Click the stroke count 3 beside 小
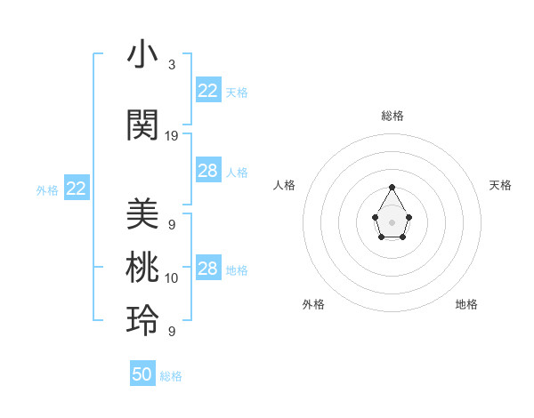tap(172, 65)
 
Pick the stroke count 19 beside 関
tap(172, 136)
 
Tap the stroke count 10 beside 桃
tap(172, 278)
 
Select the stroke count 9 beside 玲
tap(172, 332)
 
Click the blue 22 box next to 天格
tap(207, 91)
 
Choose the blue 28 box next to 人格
tap(207, 171)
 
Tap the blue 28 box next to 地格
tap(207, 269)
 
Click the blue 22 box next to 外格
tap(76, 188)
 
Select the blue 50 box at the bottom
tap(142, 374)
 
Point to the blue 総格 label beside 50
tap(171, 376)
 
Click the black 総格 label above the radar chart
tap(392, 116)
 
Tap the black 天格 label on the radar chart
tap(501, 185)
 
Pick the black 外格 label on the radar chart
tap(313, 304)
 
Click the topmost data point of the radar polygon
tap(392, 187)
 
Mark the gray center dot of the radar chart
tap(392, 221)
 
